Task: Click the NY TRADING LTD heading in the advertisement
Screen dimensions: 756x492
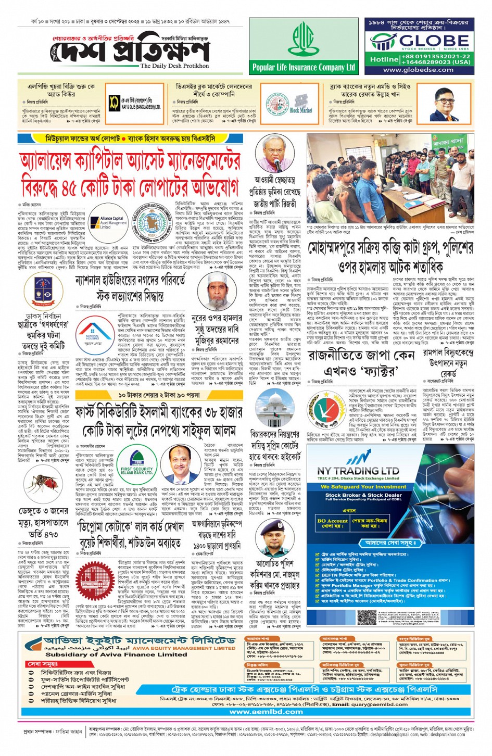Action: (358, 471)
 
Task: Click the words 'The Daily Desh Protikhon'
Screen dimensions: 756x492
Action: (174, 66)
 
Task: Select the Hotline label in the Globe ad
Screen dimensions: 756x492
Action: (384, 59)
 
